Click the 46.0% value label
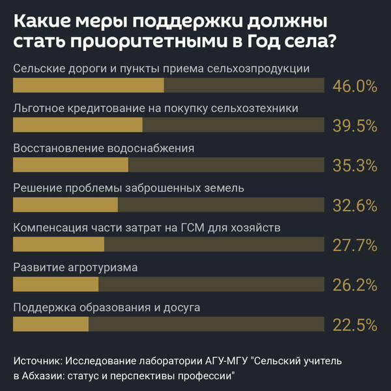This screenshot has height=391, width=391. tap(355, 86)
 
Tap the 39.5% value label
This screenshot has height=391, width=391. tap(355, 126)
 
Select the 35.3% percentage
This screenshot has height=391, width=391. tap(355, 166)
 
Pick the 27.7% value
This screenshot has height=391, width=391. tap(355, 245)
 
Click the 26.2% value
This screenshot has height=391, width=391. tap(355, 285)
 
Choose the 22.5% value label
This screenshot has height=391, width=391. tap(355, 325)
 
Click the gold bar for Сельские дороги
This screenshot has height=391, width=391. tap(89, 86)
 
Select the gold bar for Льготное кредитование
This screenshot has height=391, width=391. tap(78, 126)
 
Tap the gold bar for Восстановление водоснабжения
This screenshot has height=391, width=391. tap(70, 166)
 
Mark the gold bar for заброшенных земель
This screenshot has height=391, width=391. tap(65, 205)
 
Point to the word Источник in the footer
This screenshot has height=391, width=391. tap(36, 360)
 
